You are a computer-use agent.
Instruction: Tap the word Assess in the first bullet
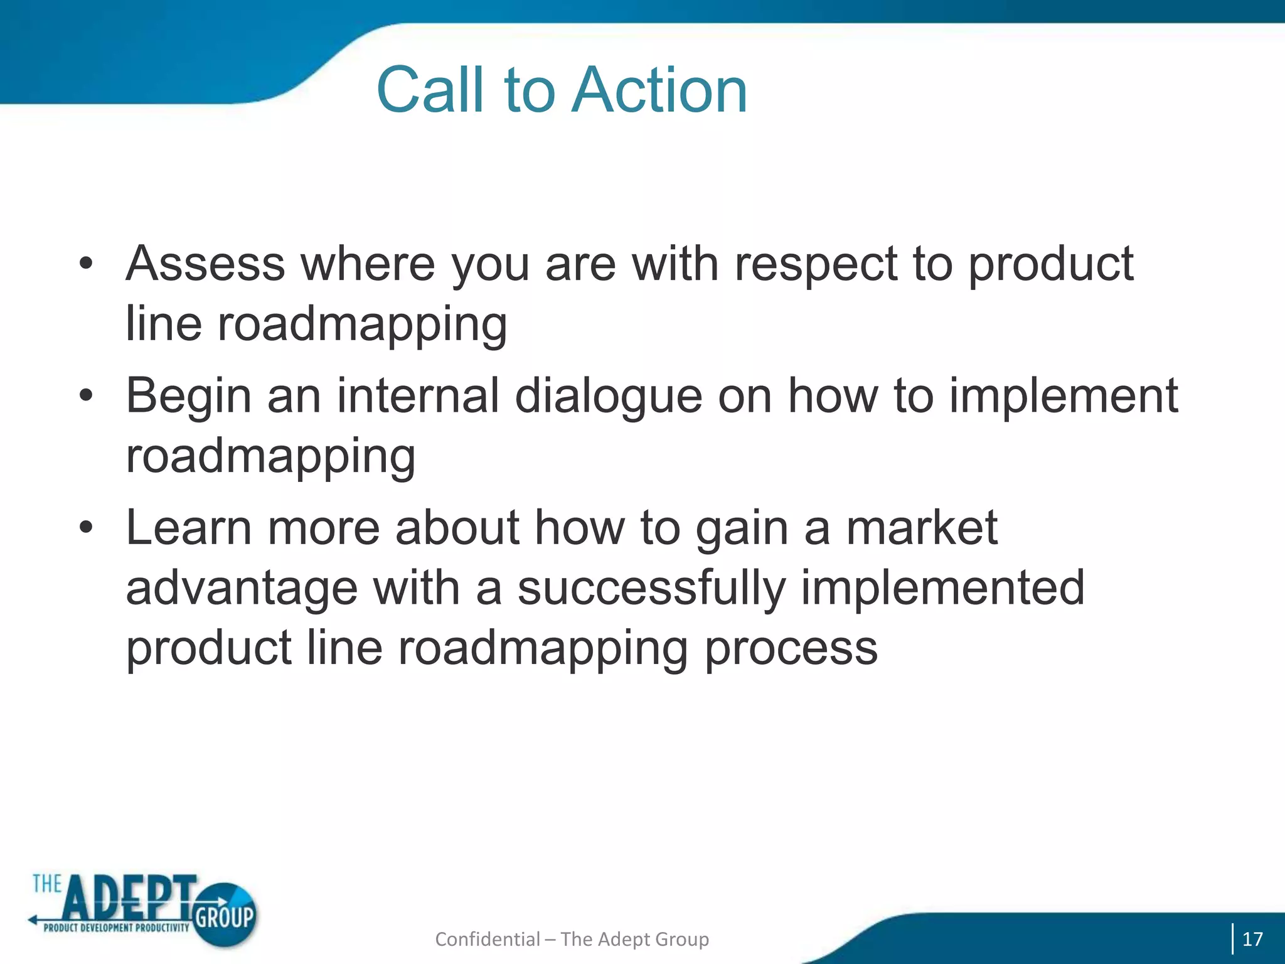(205, 264)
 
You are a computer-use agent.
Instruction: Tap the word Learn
(189, 527)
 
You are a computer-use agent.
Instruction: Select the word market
(922, 527)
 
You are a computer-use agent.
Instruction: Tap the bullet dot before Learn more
(86, 528)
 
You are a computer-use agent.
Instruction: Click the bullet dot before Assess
(86, 264)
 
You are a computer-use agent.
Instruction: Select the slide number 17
(1252, 939)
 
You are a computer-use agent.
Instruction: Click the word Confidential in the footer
(487, 939)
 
